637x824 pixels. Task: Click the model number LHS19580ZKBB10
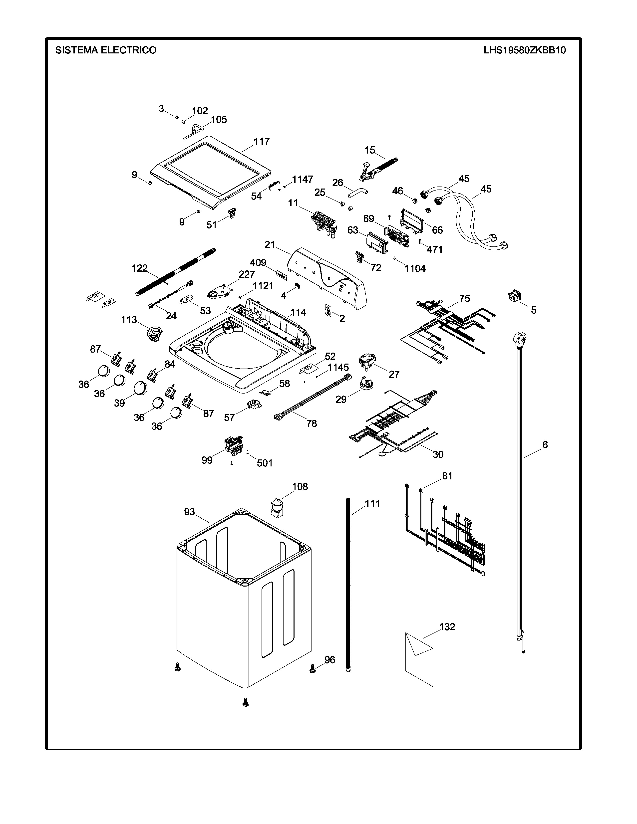click(525, 50)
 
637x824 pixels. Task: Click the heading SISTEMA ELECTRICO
click(106, 50)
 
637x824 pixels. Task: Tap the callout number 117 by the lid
click(262, 142)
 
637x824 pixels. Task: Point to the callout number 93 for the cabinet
click(189, 512)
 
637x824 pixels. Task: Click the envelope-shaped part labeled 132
click(419, 660)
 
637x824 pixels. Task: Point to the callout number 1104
click(415, 269)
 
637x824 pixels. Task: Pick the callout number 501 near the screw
click(265, 463)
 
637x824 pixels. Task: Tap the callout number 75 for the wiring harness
click(465, 298)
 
